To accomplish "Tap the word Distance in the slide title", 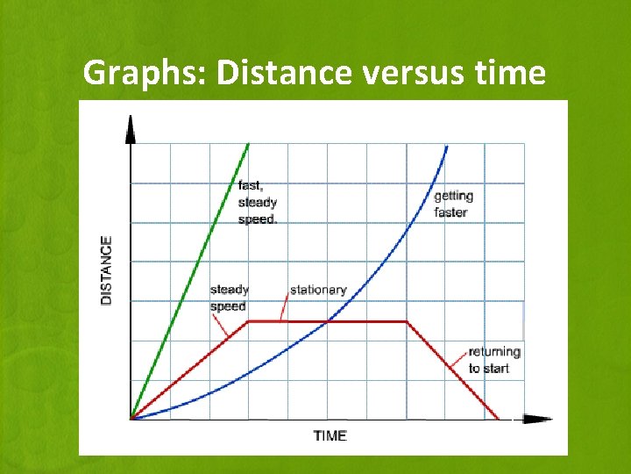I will tap(284, 73).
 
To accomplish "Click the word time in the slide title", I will tap(510, 73).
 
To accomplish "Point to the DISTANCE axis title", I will tap(107, 269).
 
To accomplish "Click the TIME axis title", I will tap(330, 435).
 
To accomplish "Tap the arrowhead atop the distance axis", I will tap(131, 128).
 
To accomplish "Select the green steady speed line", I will tap(185, 281).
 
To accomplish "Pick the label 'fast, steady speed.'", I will tap(257, 202).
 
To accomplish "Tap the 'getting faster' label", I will tap(453, 204).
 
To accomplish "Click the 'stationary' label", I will tap(318, 290).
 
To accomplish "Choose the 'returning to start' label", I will tap(494, 360).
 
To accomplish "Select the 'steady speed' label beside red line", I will tap(229, 298).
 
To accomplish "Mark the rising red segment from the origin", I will tap(188, 370).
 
